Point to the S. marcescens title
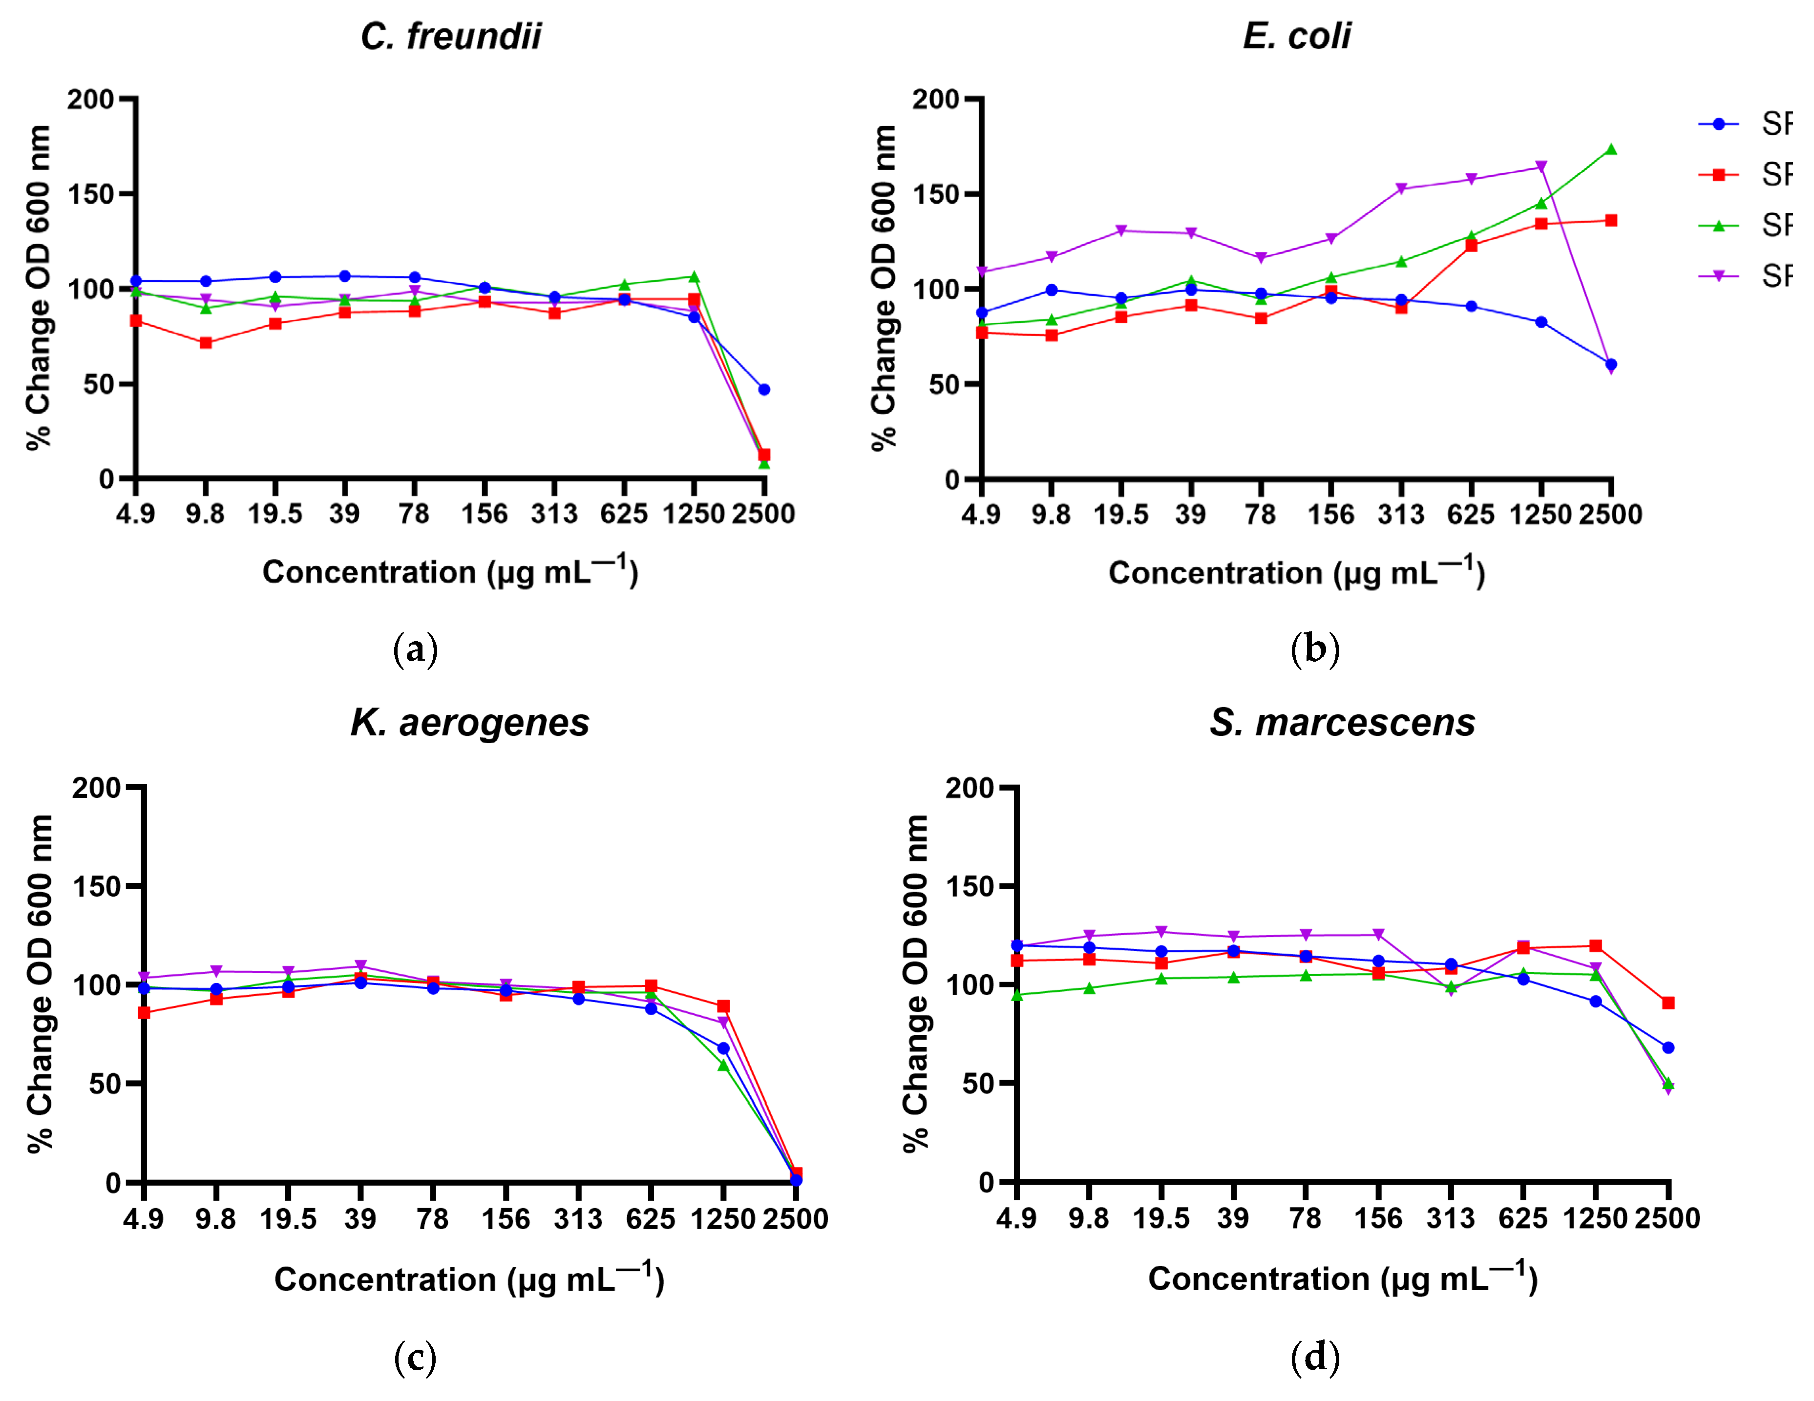point(1342,723)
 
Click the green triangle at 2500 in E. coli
point(1611,149)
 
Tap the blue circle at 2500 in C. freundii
point(764,390)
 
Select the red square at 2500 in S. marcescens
point(1668,1003)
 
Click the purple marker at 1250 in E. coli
point(1541,167)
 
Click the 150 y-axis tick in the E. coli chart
point(936,194)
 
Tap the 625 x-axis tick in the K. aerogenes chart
point(651,1219)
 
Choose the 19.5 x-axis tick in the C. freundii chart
point(275,514)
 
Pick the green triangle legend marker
point(1718,225)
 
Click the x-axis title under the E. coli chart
point(1297,572)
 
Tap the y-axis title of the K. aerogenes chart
point(40,984)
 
